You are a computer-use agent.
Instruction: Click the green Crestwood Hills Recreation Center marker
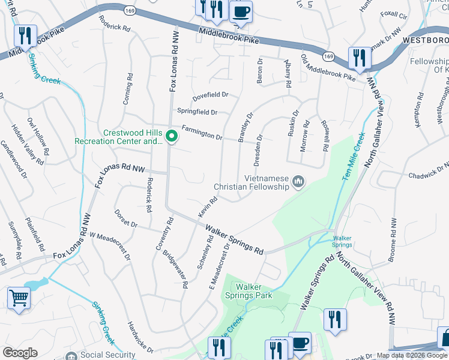pos(171,137)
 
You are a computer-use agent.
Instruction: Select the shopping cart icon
pos(19,297)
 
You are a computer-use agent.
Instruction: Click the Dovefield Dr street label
pos(211,95)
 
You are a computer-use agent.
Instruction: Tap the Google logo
pos(20,353)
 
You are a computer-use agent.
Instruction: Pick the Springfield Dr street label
pos(197,112)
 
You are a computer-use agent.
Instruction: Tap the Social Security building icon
pos(71,355)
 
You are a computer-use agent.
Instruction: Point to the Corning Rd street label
pos(127,89)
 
